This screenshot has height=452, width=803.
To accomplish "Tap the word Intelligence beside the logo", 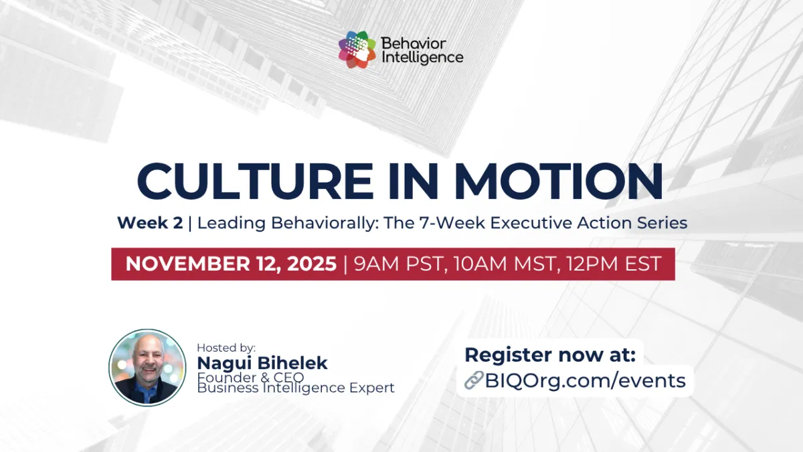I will [422, 58].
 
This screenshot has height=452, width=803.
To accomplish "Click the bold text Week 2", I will [150, 223].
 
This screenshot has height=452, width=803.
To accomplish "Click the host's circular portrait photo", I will [147, 367].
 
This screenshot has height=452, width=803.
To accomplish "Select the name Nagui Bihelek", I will [262, 363].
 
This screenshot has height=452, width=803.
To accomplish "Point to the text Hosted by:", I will [226, 348].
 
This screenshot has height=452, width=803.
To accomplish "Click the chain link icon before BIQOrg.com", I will [474, 381].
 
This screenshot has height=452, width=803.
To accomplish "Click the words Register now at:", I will [550, 354].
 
